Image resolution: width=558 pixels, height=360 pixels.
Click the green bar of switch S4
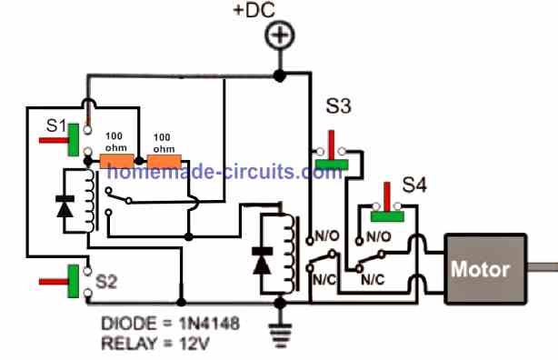pos(388,215)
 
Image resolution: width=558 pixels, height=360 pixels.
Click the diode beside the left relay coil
pos(65,207)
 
